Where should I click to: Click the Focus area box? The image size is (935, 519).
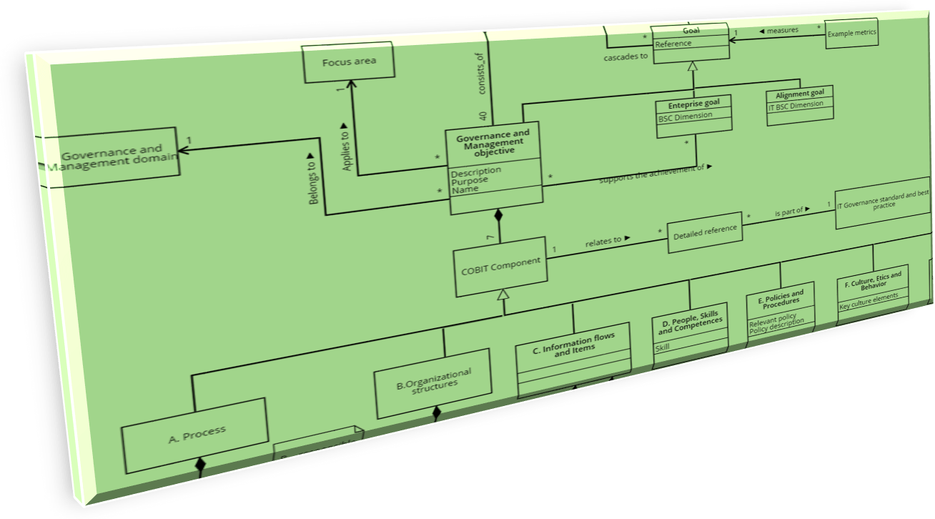(x=348, y=63)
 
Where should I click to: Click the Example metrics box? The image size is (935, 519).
(x=851, y=33)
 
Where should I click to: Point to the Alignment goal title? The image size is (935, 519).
(x=799, y=94)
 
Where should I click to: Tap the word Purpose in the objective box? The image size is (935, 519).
(x=470, y=180)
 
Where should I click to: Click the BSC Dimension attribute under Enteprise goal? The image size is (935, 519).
(x=685, y=116)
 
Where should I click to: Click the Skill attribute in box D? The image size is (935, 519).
(x=663, y=348)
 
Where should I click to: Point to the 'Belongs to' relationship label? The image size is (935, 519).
(x=312, y=179)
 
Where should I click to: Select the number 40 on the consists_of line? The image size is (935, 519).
(x=483, y=116)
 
